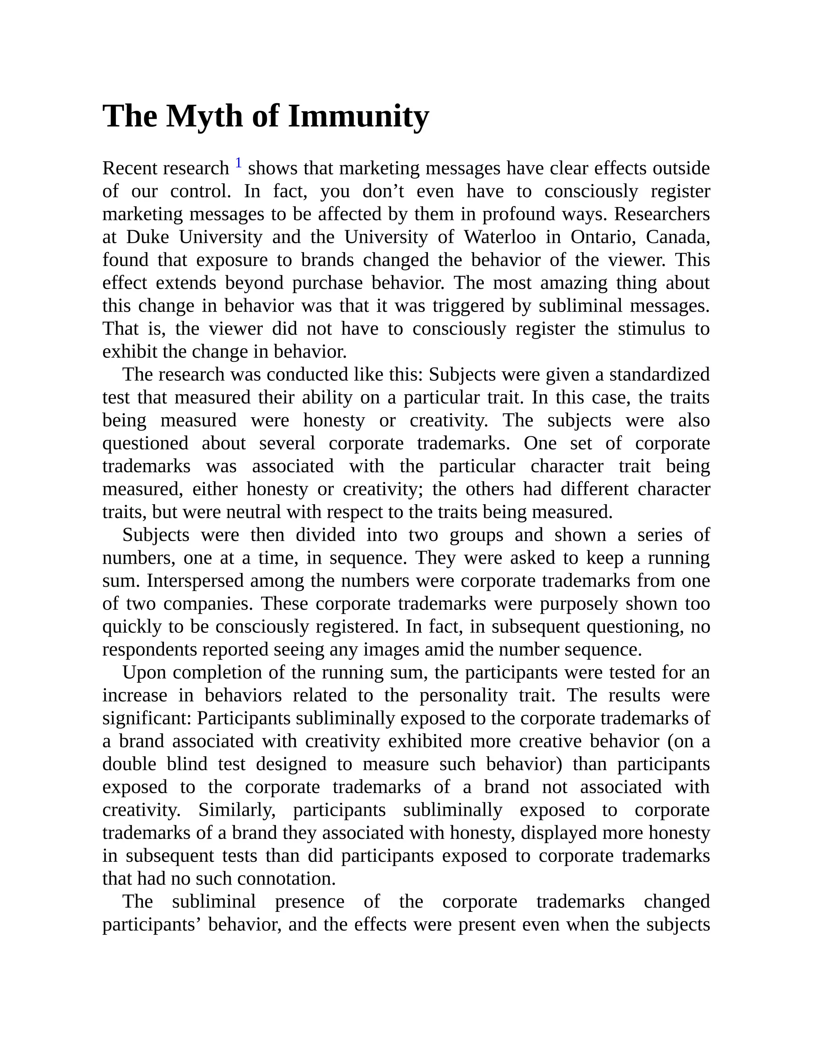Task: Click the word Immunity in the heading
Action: pyautogui.click(x=358, y=117)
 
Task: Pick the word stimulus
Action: pyautogui.click(x=651, y=329)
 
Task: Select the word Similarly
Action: pyautogui.click(x=237, y=810)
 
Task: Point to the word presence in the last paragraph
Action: pyautogui.click(x=310, y=902)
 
